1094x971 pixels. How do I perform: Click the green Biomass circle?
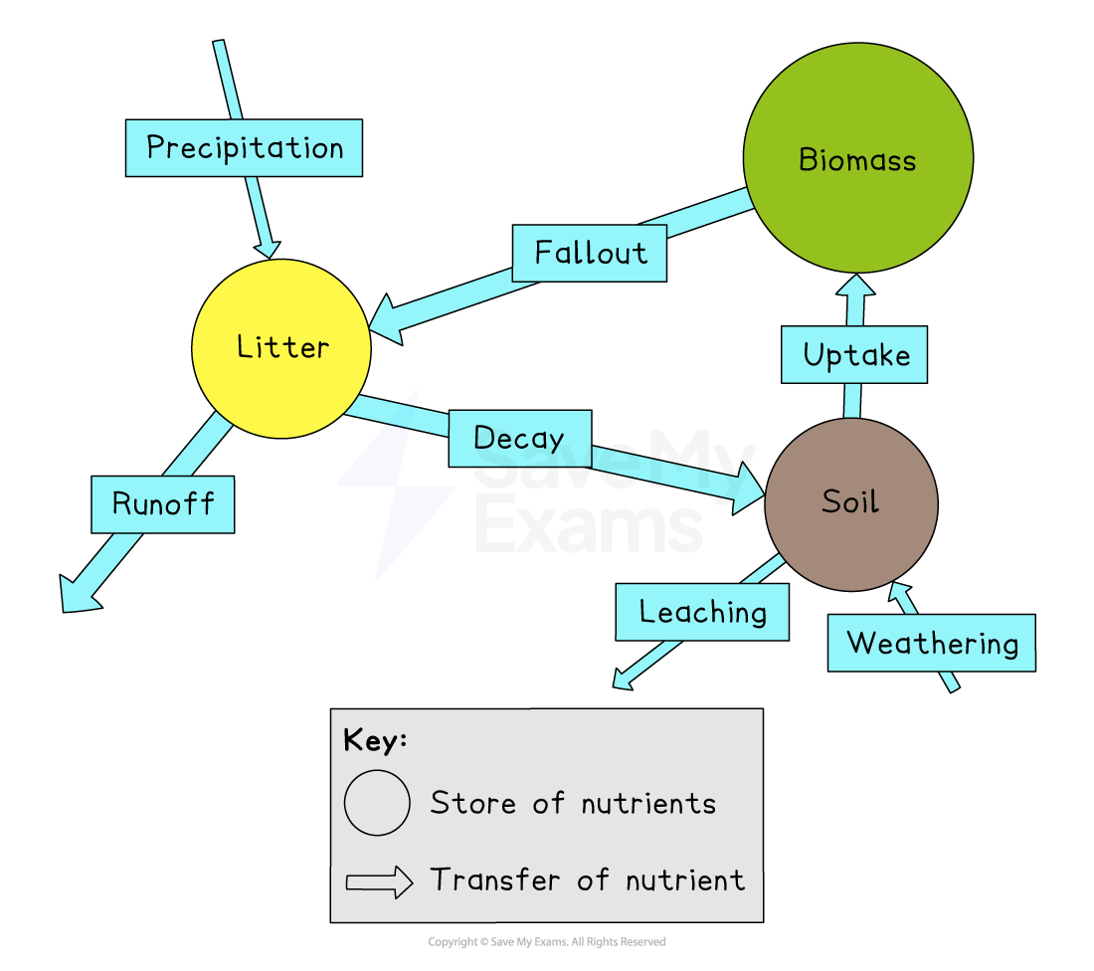pyautogui.click(x=857, y=158)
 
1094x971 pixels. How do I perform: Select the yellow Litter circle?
pyautogui.click(x=281, y=348)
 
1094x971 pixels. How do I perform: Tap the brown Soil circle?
pyautogui.click(x=851, y=504)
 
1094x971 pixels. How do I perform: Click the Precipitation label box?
pyautogui.click(x=244, y=148)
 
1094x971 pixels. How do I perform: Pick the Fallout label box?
pyautogui.click(x=590, y=253)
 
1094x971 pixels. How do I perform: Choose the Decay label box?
pyautogui.click(x=519, y=439)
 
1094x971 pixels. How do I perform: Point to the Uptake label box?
pyautogui.click(x=854, y=355)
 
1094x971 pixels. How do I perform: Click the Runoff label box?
pyautogui.click(x=163, y=504)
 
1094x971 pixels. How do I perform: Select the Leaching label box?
pyautogui.click(x=702, y=612)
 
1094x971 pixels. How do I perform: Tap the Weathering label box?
pyautogui.click(x=932, y=643)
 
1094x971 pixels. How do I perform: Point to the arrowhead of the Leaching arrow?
pyautogui.click(x=624, y=680)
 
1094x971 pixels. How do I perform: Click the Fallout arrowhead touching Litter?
pyautogui.click(x=386, y=320)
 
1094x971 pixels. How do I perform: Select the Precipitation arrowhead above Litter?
pyautogui.click(x=267, y=246)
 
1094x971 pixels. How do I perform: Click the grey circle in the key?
pyautogui.click(x=377, y=802)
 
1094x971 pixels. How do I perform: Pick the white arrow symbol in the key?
pyautogui.click(x=379, y=881)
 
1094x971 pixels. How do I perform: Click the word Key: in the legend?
pyautogui.click(x=375, y=740)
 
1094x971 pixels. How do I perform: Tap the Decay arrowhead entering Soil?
pyautogui.click(x=749, y=490)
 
